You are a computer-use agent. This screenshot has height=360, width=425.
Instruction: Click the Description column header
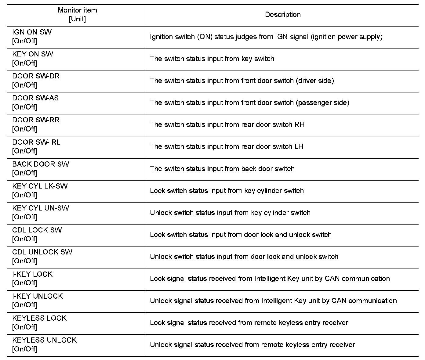[x=282, y=15]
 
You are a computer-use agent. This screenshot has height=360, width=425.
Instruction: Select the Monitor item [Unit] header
[x=77, y=15]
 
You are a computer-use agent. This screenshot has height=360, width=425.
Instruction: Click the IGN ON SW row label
[x=32, y=32]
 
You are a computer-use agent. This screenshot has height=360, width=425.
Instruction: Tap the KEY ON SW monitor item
[x=33, y=54]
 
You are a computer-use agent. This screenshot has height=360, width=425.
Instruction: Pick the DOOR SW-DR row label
[x=36, y=76]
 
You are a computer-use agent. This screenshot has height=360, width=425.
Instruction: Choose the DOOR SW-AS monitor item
[x=35, y=98]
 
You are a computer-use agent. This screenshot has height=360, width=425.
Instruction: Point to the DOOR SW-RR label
[x=36, y=120]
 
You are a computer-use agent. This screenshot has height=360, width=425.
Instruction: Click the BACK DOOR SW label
[x=41, y=164]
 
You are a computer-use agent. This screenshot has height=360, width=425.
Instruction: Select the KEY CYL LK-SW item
[x=40, y=186]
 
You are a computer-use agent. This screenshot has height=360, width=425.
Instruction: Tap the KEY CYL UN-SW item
[x=41, y=208]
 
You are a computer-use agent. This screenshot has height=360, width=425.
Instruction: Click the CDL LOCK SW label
[x=37, y=230]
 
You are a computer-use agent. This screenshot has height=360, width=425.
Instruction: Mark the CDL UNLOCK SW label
[x=42, y=252]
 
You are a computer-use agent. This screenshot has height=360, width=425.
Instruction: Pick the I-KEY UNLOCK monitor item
[x=37, y=296]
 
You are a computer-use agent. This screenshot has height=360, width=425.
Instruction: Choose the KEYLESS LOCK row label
[x=39, y=318]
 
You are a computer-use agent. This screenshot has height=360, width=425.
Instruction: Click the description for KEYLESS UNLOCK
[x=252, y=345]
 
